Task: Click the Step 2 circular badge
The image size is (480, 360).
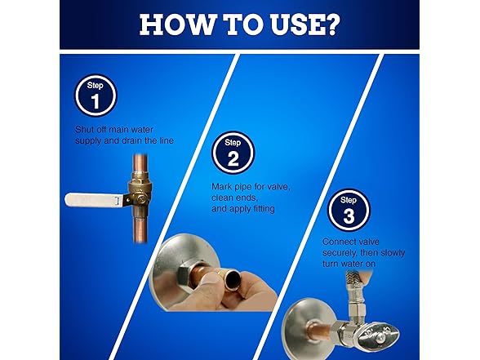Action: click(232, 154)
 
